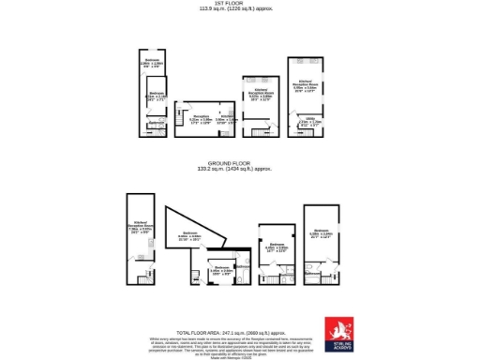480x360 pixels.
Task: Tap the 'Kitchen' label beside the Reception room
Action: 227,117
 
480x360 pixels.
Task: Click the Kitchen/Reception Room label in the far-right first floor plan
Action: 307,85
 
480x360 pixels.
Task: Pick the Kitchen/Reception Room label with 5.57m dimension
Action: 260,95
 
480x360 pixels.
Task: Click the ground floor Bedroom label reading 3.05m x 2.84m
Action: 222,269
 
